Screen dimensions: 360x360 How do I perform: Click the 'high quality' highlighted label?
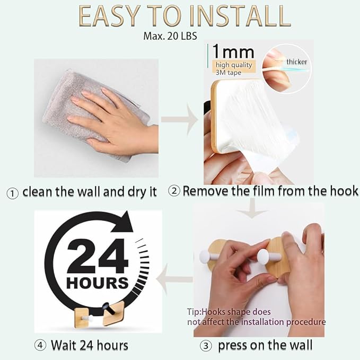[233, 66]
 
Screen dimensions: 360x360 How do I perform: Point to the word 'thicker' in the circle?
[296, 62]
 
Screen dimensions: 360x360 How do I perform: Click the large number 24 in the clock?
[98, 257]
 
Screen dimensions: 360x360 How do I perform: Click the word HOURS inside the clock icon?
[98, 282]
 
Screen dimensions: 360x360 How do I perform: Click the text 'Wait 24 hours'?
[89, 346]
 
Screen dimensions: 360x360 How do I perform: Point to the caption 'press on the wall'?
[265, 346]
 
